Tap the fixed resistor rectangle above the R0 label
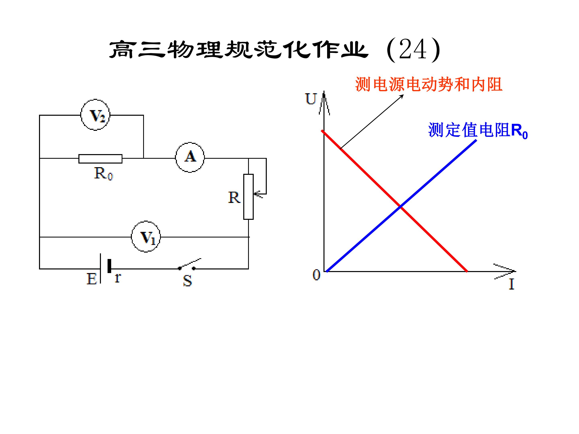click(x=101, y=159)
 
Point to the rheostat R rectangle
click(x=248, y=197)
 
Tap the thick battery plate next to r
click(x=109, y=266)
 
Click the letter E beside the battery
click(x=92, y=279)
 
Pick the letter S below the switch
click(x=187, y=281)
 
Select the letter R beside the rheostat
click(x=234, y=198)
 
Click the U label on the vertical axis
click(x=311, y=99)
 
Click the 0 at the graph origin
click(x=316, y=275)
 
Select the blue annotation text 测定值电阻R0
click(x=478, y=130)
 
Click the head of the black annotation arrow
click(x=403, y=95)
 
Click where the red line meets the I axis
click(x=466, y=271)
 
